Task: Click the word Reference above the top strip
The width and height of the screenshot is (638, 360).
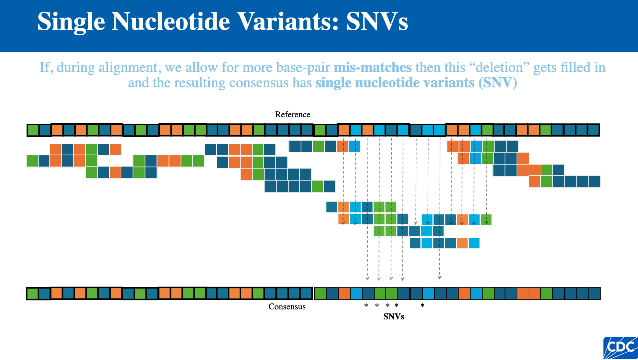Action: click(292, 115)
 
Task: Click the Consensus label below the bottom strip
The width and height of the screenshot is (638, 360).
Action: click(287, 307)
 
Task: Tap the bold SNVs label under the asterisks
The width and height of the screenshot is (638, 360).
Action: click(393, 317)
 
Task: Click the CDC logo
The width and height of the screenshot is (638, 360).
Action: click(620, 348)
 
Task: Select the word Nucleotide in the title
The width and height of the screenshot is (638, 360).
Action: click(170, 22)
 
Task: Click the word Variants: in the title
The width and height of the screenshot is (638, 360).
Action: click(288, 22)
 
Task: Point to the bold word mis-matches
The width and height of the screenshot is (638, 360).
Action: click(372, 67)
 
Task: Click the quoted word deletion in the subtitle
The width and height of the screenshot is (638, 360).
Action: click(499, 67)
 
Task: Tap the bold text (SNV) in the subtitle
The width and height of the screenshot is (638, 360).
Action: click(497, 83)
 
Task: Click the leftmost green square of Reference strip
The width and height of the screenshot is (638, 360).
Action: click(33, 130)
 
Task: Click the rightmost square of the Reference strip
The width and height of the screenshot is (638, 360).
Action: click(593, 130)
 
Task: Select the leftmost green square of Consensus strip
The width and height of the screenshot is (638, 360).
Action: click(32, 294)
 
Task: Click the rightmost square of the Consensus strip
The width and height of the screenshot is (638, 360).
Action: click(594, 294)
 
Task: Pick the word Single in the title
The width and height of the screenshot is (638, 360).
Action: click(71, 22)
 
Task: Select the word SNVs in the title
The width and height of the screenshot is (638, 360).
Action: click(377, 22)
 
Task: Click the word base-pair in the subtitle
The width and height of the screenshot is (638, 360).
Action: click(302, 67)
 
